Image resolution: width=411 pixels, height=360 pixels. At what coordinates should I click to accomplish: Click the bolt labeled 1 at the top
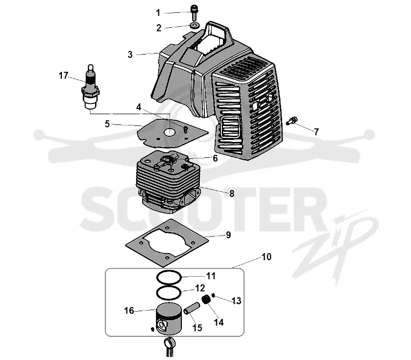(x=194, y=12)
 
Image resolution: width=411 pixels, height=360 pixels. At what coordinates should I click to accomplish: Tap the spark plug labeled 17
(x=91, y=87)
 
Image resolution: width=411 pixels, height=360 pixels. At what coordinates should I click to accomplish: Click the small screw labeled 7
(x=292, y=121)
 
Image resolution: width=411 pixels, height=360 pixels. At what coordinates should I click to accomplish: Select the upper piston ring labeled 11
(x=169, y=277)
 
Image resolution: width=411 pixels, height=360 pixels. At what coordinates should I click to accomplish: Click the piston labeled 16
(x=169, y=318)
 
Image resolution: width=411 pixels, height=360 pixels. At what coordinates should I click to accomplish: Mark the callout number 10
(x=266, y=256)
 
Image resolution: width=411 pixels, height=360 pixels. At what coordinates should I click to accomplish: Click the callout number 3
(x=130, y=55)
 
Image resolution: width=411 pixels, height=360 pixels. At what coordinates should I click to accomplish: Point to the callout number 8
(x=232, y=193)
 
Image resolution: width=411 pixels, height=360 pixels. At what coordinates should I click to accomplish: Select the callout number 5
(x=107, y=124)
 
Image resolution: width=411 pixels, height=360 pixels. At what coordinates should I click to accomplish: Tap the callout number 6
(x=215, y=158)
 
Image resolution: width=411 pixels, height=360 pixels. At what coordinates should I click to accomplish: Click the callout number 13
(x=236, y=301)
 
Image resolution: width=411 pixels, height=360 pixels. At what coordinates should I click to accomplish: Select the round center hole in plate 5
(x=170, y=132)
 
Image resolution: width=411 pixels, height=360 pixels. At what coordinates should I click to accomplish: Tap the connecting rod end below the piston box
(x=170, y=343)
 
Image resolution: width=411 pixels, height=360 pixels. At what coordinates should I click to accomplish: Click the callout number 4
(x=139, y=107)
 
